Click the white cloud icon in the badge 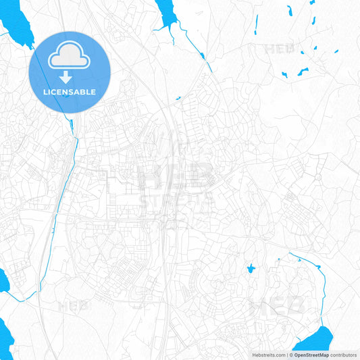pos(70,56)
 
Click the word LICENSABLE pos(70,92)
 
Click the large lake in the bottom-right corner pos(317,338)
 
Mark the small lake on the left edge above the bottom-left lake pos(3,280)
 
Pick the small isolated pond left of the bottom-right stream pos(251,269)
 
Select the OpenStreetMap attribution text pos(311,355)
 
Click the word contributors pos(344,355)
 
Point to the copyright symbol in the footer pos(290,355)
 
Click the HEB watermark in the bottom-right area pos(277,308)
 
